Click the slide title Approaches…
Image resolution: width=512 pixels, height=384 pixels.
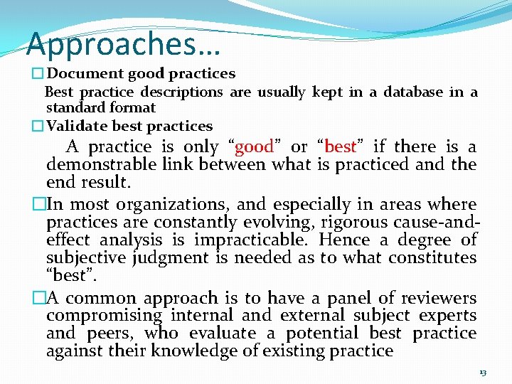click(124, 43)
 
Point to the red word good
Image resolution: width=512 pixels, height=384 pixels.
click(254, 147)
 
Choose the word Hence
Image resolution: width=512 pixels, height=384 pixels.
click(343, 240)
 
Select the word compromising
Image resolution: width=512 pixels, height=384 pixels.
click(105, 316)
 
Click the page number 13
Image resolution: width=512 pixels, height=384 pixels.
click(483, 372)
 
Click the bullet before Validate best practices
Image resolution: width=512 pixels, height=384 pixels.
click(38, 127)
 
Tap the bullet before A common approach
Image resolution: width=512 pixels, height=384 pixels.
click(38, 298)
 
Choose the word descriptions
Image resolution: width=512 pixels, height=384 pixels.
click(181, 92)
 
